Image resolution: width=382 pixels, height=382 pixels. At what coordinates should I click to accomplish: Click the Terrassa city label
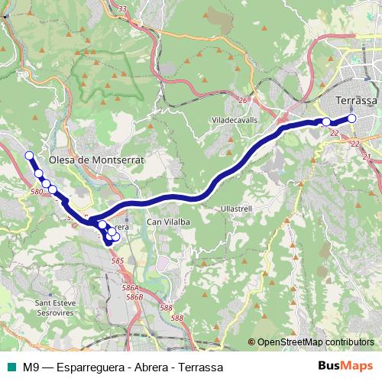click(357, 101)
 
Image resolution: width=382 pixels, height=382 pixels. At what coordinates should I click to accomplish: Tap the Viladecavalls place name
click(235, 120)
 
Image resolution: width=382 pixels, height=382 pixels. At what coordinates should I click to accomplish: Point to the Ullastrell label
click(233, 207)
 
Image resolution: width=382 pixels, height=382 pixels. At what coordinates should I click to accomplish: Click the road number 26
click(242, 100)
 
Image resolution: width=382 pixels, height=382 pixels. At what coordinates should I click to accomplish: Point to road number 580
click(37, 191)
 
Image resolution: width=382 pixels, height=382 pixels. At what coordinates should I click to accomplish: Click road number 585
click(117, 261)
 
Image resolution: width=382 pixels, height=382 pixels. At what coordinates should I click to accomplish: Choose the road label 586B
click(134, 296)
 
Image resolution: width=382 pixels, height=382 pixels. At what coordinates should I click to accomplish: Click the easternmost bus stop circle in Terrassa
click(352, 118)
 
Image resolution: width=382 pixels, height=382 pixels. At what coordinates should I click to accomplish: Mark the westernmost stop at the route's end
click(30, 156)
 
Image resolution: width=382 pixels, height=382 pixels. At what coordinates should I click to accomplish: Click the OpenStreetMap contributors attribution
click(315, 342)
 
